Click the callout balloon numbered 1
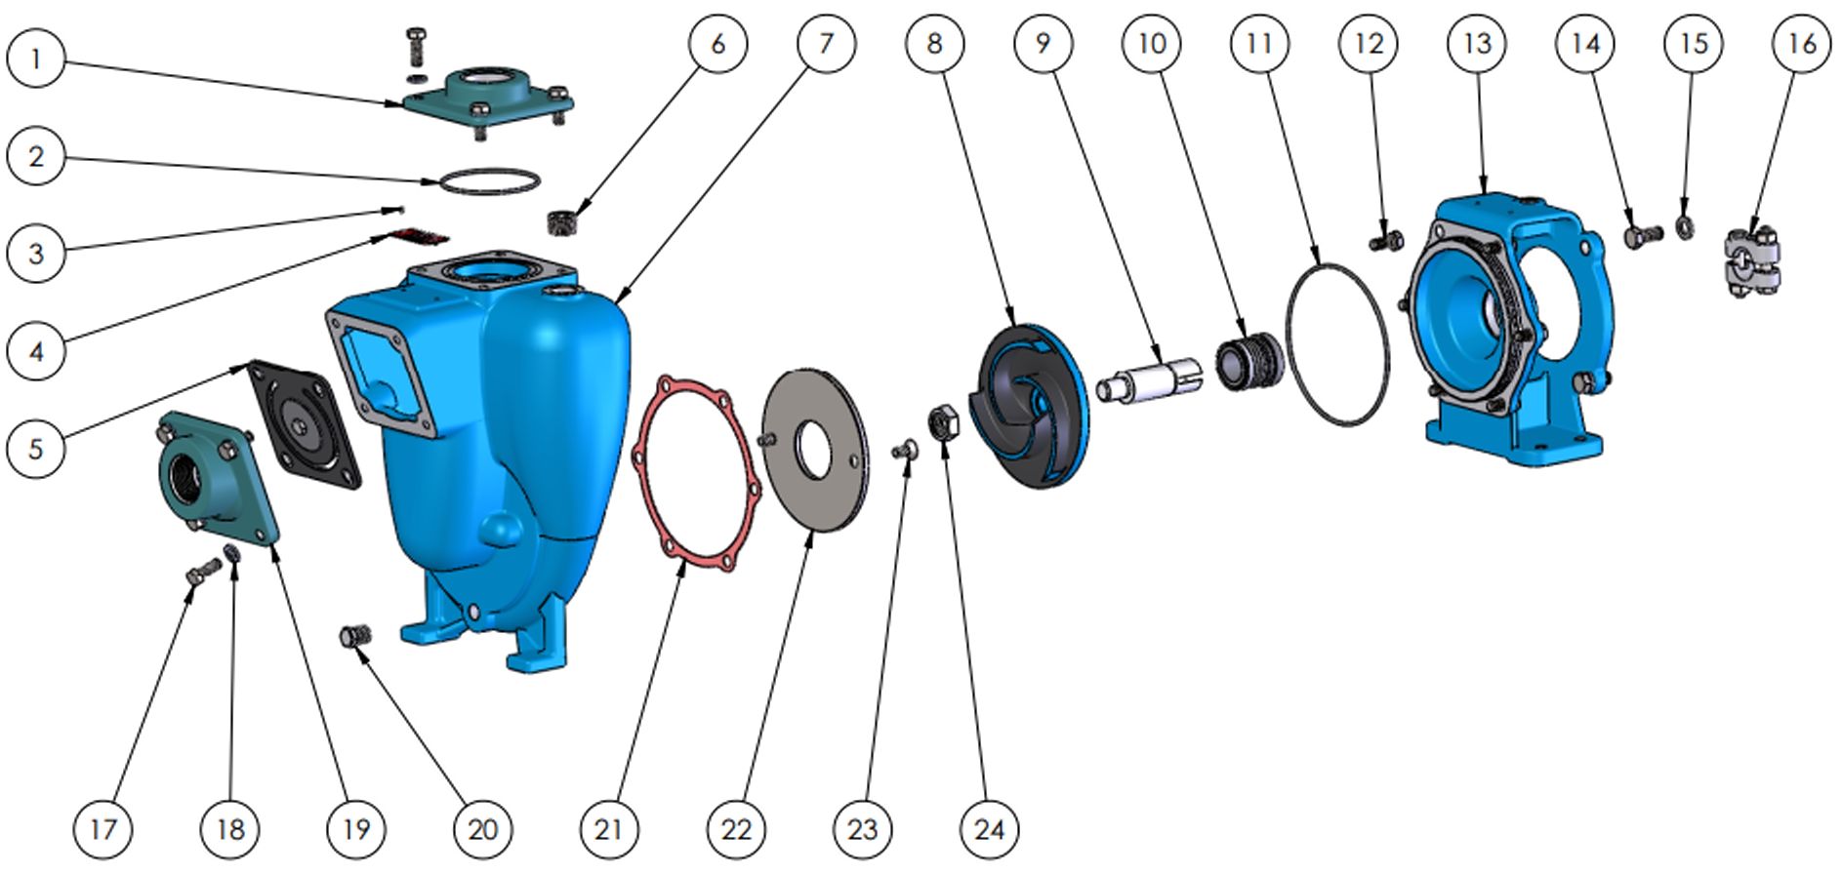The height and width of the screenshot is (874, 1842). (36, 60)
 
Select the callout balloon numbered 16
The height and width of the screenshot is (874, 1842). (1802, 43)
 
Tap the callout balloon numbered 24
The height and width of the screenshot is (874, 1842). (989, 829)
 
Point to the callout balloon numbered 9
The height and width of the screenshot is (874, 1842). (1043, 43)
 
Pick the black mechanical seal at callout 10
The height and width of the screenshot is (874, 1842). (1249, 361)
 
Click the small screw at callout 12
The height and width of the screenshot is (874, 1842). (1387, 239)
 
